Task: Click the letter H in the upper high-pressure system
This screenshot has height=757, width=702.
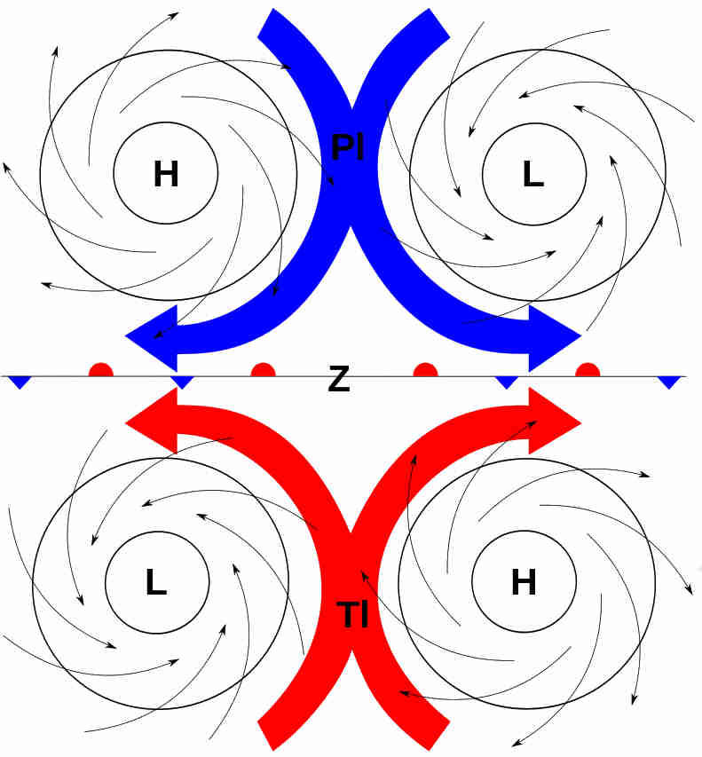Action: (166, 175)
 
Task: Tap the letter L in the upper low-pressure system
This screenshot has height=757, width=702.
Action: (532, 175)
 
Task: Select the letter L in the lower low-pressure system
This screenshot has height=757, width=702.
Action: (155, 582)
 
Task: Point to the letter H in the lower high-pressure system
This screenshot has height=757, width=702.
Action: (524, 582)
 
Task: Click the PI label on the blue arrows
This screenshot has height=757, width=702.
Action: (347, 147)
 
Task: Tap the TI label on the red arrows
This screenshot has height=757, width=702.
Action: (353, 614)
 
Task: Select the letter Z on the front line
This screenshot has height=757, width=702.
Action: (338, 380)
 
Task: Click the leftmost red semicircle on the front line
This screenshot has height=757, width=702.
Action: (101, 369)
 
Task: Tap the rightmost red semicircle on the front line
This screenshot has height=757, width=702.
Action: (587, 369)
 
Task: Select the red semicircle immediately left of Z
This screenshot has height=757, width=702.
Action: (263, 369)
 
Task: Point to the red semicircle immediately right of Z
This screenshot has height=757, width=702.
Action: (425, 369)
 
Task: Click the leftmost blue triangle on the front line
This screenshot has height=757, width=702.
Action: (20, 382)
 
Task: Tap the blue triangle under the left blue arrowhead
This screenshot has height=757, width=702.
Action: (182, 382)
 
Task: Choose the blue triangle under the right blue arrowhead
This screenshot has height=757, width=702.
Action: (507, 382)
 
